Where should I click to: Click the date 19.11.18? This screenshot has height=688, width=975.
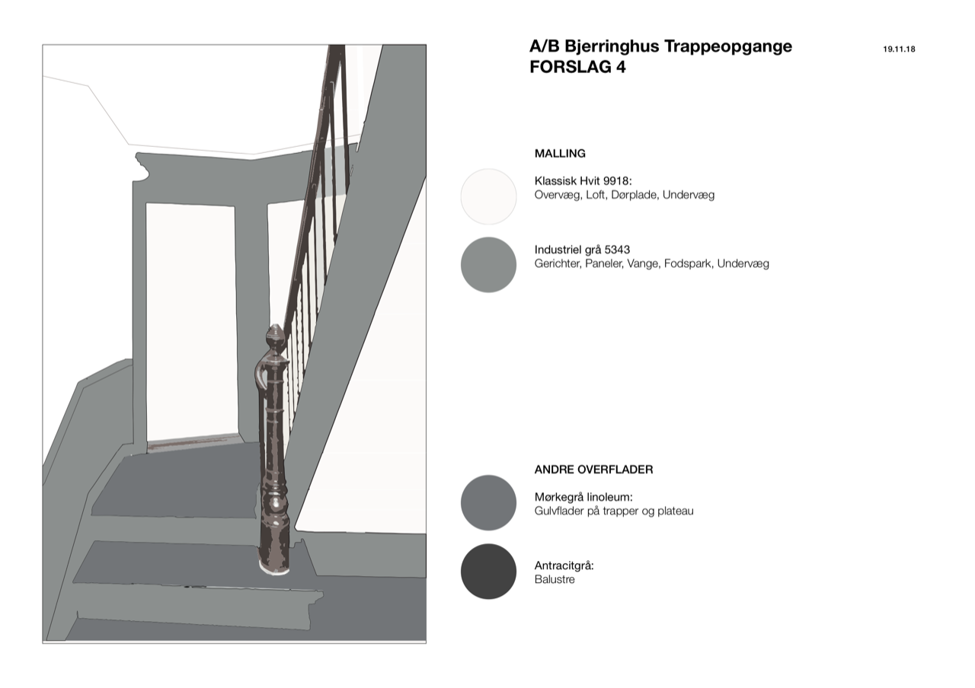tap(899, 49)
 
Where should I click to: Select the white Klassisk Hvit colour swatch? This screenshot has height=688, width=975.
tap(488, 196)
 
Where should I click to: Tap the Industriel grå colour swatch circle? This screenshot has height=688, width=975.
tap(488, 264)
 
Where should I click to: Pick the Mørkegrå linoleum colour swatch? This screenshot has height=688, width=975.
tap(488, 503)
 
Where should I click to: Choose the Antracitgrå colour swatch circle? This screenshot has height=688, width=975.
tap(488, 572)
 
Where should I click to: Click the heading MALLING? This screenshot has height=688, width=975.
tap(560, 154)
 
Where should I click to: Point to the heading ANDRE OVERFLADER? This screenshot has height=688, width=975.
tap(593, 470)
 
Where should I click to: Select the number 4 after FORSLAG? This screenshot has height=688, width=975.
tap(620, 67)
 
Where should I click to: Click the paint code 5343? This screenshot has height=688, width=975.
tap(617, 250)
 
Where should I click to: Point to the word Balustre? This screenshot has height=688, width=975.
tap(555, 579)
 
